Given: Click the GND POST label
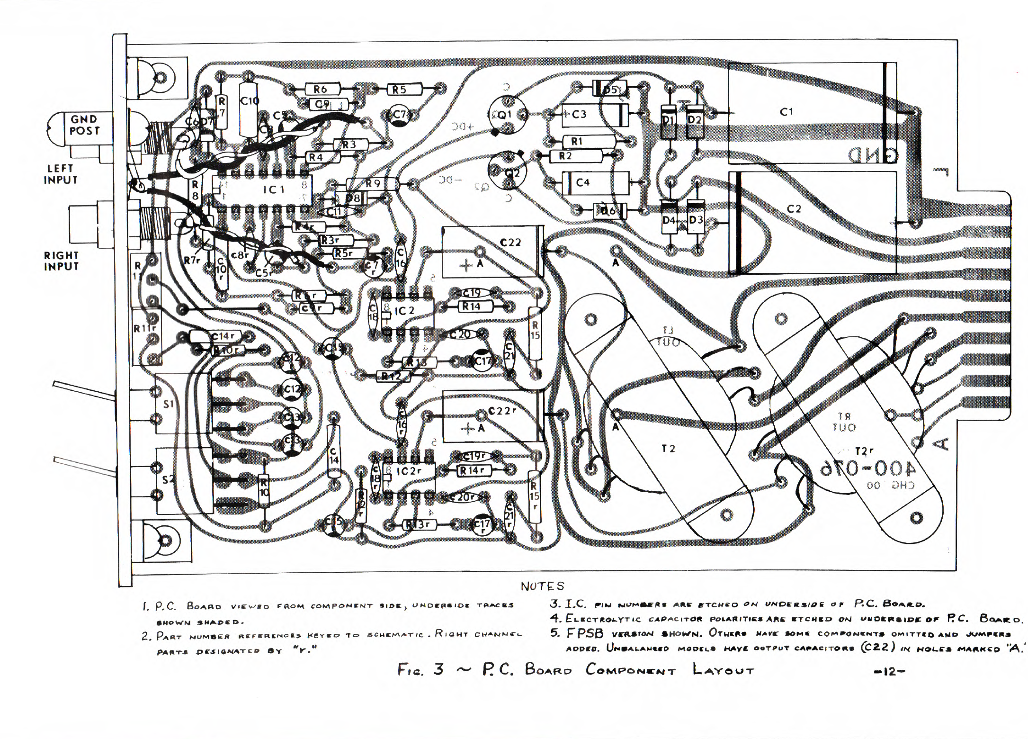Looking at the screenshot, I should click(x=84, y=125).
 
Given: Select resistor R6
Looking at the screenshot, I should click(x=320, y=89).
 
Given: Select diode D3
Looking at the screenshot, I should click(x=695, y=220).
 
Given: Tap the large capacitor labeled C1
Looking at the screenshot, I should click(x=786, y=112).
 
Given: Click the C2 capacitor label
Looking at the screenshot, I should click(x=794, y=209).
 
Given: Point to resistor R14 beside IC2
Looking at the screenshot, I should click(x=472, y=306).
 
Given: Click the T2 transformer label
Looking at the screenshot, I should click(x=668, y=449).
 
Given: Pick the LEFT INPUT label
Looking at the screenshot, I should click(x=60, y=174).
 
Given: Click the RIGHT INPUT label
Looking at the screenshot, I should click(x=61, y=261).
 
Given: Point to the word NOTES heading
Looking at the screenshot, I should click(x=542, y=586).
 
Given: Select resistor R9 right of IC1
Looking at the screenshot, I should click(x=373, y=183).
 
